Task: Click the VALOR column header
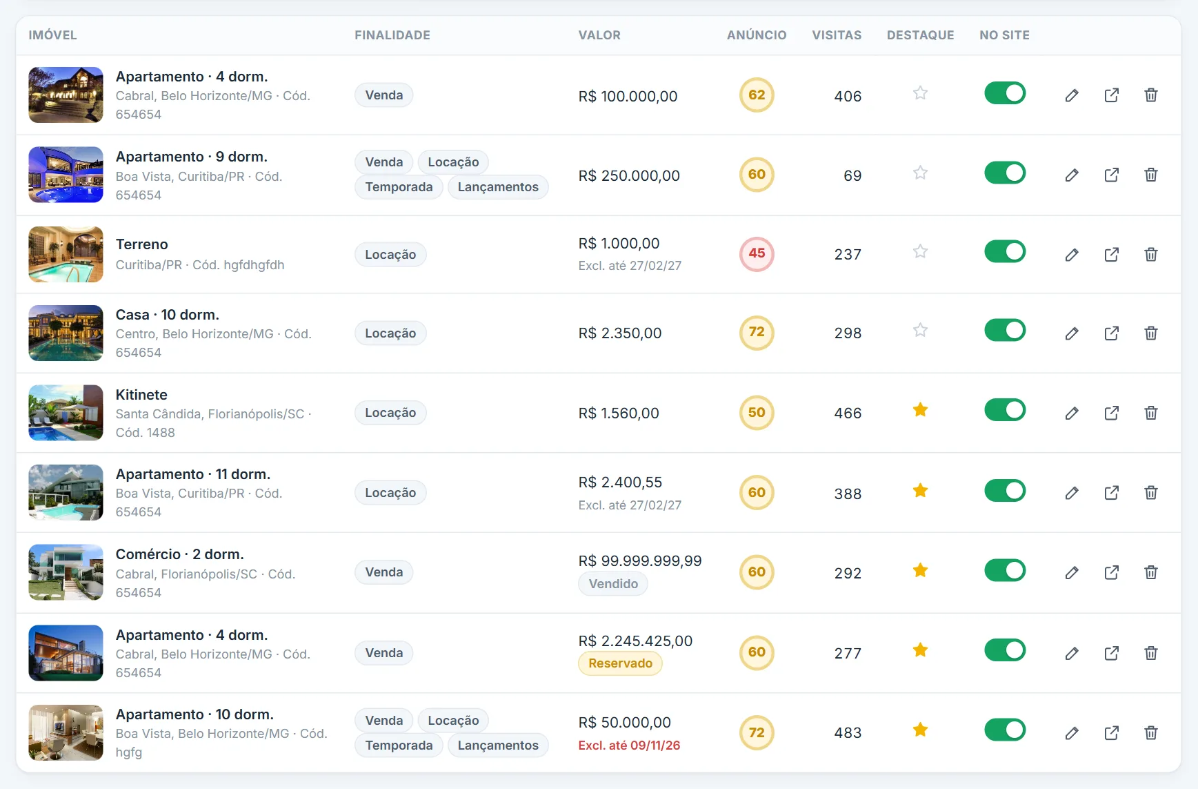599,35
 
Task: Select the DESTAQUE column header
920,35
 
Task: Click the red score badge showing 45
757,254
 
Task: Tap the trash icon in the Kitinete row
1150,413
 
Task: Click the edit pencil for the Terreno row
1071,255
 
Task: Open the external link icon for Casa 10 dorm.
1111,333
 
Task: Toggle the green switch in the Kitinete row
1005,410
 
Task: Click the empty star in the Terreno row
920,251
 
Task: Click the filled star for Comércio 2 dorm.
920,570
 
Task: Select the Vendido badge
613,584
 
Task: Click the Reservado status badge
620,663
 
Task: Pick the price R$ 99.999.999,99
640,561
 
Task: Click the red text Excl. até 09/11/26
629,746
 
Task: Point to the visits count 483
848,733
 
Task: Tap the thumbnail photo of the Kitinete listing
66,413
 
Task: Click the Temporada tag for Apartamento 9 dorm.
399,187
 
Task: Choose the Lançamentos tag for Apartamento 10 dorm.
498,746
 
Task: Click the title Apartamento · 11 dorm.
193,474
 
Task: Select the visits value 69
852,176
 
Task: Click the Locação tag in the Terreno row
390,255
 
